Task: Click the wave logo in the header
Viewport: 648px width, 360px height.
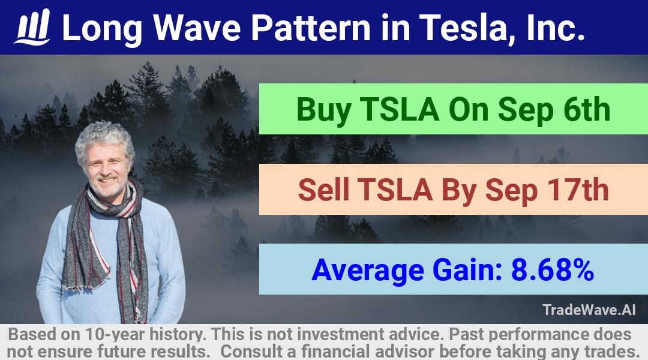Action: pyautogui.click(x=32, y=27)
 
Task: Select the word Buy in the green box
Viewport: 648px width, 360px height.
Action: pyautogui.click(x=323, y=110)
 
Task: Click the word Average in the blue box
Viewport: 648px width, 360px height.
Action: pyautogui.click(x=368, y=271)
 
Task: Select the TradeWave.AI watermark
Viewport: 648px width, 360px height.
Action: pyautogui.click(x=589, y=310)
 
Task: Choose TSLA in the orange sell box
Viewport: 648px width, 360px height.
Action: pyautogui.click(x=395, y=190)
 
